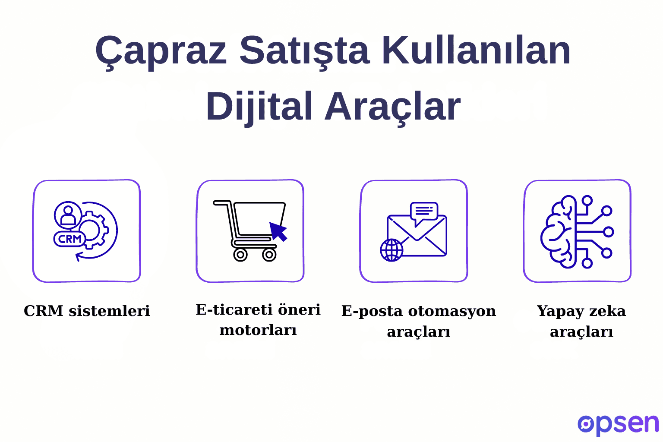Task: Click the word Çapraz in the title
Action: [x=161, y=51]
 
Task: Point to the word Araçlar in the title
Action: [x=392, y=107]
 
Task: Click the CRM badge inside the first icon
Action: [x=69, y=239]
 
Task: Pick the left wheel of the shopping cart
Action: [x=240, y=255]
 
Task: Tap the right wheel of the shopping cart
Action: [x=269, y=255]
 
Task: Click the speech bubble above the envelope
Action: [x=424, y=212]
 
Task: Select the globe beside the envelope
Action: [x=391, y=250]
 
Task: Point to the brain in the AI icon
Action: [x=559, y=232]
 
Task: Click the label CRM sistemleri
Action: [x=87, y=311]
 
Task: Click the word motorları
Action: [x=258, y=330]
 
